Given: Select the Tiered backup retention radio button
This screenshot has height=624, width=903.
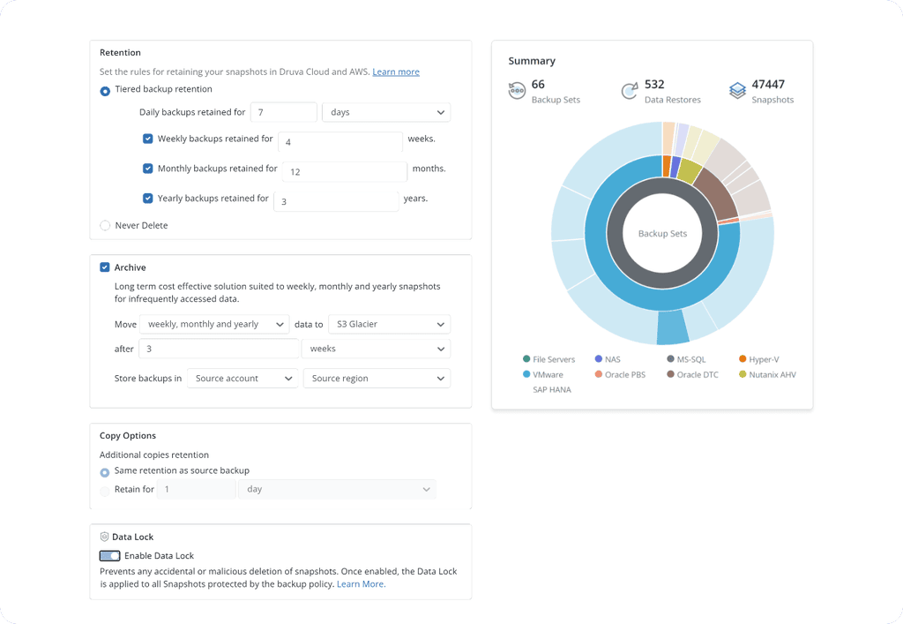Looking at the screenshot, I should point(105,90).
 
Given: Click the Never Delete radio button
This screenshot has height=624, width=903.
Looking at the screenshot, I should point(105,226).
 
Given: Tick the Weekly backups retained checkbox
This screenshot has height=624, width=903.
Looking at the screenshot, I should point(148,139).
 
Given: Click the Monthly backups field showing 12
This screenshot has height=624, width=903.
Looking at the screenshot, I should point(345,171).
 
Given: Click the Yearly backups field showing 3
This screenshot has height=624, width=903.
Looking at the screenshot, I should point(336,201).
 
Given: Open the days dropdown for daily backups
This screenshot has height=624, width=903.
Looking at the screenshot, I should point(386,113).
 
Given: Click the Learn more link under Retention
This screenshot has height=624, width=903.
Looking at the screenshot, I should point(395,71).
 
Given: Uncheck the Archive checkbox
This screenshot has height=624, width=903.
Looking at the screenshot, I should point(105,267).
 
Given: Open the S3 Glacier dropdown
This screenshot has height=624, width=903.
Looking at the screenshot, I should point(389,325).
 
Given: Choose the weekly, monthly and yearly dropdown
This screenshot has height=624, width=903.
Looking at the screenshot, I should point(215,325).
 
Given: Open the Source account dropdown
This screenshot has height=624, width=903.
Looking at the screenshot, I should point(243,379).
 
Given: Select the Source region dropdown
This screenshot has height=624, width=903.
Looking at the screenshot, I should point(377,379).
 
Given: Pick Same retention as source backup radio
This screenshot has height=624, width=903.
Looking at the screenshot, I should point(105,472).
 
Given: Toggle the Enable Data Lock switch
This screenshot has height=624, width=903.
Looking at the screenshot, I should point(110,556).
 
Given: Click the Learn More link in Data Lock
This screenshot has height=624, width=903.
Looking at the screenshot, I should point(360,584).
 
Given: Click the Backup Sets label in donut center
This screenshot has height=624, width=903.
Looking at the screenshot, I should point(662,234).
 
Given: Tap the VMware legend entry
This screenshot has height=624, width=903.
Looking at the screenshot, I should point(547,374).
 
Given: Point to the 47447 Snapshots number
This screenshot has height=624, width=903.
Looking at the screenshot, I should point(767,85).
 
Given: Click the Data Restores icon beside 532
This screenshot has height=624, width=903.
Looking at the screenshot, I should point(630,92).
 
